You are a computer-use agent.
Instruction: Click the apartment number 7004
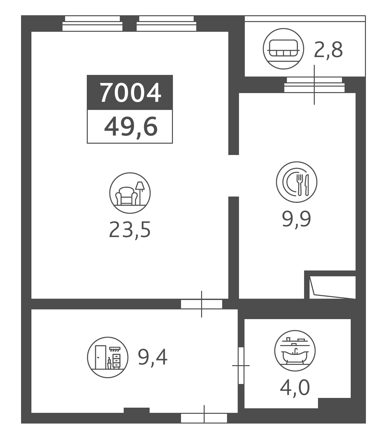pyautogui.click(x=130, y=93)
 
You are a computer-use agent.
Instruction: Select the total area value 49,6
pyautogui.click(x=131, y=127)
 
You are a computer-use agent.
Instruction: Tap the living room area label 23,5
pyautogui.click(x=130, y=230)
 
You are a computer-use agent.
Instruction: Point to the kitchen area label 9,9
pyautogui.click(x=296, y=219)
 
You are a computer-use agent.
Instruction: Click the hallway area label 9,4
pyautogui.click(x=153, y=357)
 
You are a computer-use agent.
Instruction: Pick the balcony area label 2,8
pyautogui.click(x=328, y=50)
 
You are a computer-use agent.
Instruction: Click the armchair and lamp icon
pyautogui.click(x=130, y=193)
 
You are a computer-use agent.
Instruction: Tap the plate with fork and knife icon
pyautogui.click(x=297, y=182)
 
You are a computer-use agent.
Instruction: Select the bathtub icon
pyautogui.click(x=295, y=351)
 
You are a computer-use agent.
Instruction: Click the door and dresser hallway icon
pyautogui.click(x=108, y=357)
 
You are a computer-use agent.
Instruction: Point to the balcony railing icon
pyautogui.click(x=283, y=49)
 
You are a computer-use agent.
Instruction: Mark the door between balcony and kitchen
pyautogui.click(x=314, y=85)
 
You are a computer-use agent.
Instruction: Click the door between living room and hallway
pyautogui.click(x=201, y=304)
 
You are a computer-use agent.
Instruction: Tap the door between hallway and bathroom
pyautogui.click(x=241, y=366)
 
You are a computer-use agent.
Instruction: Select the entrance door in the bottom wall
pyautogui.click(x=204, y=418)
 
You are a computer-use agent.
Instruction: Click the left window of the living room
pyautogui.click(x=93, y=24)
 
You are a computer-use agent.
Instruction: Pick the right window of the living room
pyautogui.click(x=166, y=24)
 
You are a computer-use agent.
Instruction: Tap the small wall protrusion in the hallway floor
pyautogui.click(x=137, y=410)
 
